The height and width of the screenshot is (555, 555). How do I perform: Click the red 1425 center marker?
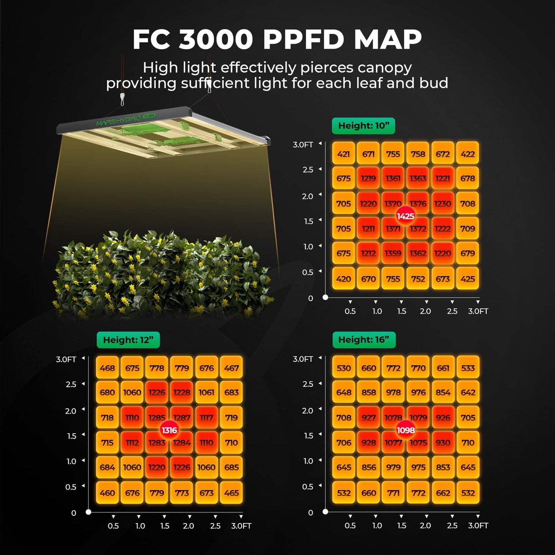click(x=406, y=216)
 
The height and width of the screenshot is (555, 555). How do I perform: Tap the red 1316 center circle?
click(x=169, y=430)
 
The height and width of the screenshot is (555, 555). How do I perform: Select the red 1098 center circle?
click(x=406, y=430)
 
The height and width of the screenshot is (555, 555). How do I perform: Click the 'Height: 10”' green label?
click(x=363, y=126)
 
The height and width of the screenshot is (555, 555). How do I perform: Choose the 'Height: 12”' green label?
click(x=128, y=340)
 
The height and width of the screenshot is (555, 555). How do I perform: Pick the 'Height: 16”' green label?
click(x=363, y=340)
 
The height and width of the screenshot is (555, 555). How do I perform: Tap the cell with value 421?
click(x=343, y=154)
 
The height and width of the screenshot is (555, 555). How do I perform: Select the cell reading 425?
click(x=467, y=279)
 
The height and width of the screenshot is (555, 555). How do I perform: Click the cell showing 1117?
click(x=206, y=417)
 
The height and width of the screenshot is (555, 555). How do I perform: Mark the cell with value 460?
click(x=107, y=493)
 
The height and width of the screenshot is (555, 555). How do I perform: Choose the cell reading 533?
click(x=468, y=368)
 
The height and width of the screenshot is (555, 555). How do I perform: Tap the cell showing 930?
click(x=443, y=442)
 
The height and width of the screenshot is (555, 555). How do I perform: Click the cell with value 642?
click(x=468, y=393)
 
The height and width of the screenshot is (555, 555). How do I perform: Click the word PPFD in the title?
click(x=303, y=40)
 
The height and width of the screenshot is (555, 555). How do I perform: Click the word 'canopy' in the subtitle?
click(x=384, y=68)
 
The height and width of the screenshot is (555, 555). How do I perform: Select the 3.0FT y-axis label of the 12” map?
click(x=66, y=360)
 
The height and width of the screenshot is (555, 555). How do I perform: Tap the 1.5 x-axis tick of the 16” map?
click(x=401, y=525)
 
